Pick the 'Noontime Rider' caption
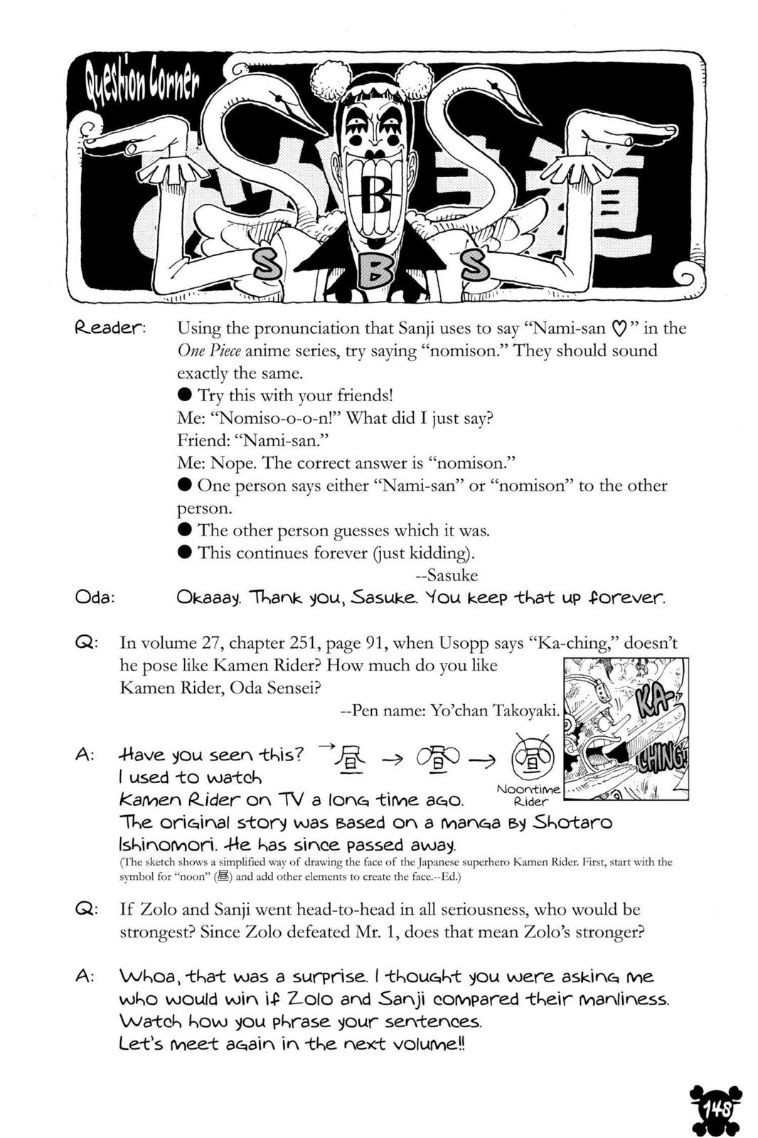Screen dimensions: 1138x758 point(530,795)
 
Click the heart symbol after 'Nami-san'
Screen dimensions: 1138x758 point(619,329)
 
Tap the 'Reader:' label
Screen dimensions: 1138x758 point(110,329)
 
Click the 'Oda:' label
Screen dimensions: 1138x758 point(95,597)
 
